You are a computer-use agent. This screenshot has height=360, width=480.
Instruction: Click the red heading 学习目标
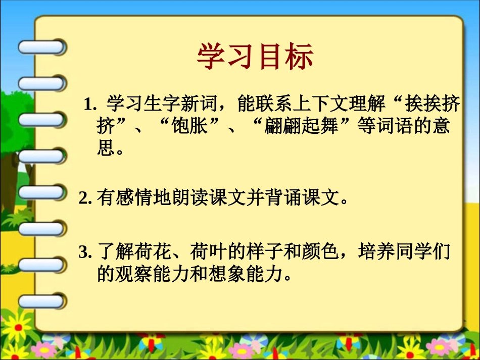coord(255,57)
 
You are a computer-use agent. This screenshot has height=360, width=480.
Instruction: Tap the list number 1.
coord(89,105)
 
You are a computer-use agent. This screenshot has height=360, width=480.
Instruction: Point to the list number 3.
coord(84,252)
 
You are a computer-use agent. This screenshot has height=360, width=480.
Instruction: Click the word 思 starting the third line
coord(105,148)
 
